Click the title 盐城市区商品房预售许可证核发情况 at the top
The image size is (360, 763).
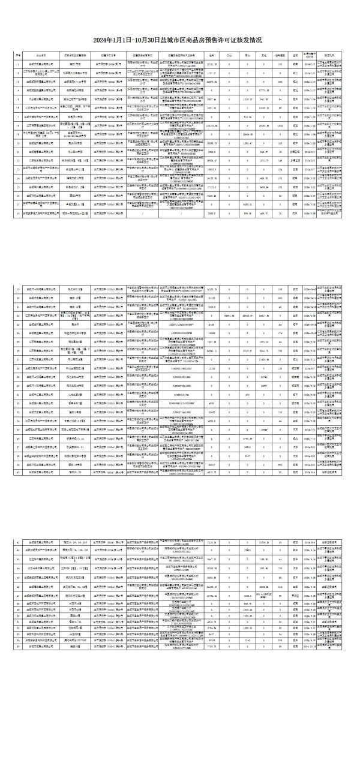click(x=180, y=40)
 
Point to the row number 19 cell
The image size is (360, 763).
click(x=19, y=290)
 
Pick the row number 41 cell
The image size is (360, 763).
click(x=19, y=542)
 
